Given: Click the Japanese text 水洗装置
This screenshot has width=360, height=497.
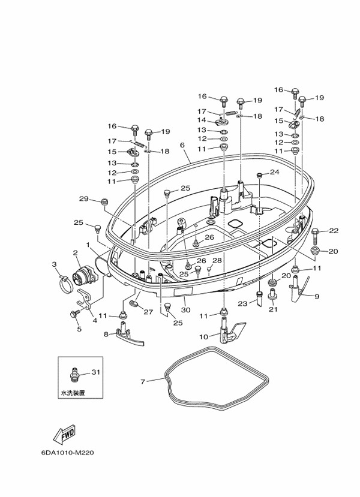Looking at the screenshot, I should (73, 393).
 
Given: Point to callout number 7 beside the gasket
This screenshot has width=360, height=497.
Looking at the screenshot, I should (143, 381).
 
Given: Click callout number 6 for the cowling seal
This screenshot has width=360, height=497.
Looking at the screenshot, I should (182, 145).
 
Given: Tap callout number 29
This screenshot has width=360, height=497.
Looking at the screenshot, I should (83, 198).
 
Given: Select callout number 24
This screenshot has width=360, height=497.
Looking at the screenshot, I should (274, 172).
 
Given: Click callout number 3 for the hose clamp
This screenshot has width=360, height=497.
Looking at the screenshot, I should (54, 264).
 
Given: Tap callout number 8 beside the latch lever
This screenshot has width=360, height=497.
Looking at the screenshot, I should (106, 334).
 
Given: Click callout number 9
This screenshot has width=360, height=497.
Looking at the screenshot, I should (317, 296).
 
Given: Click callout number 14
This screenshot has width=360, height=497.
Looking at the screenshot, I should (202, 121).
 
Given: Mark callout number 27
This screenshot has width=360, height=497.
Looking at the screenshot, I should (148, 312).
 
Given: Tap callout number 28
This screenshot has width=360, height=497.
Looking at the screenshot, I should (217, 261).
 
